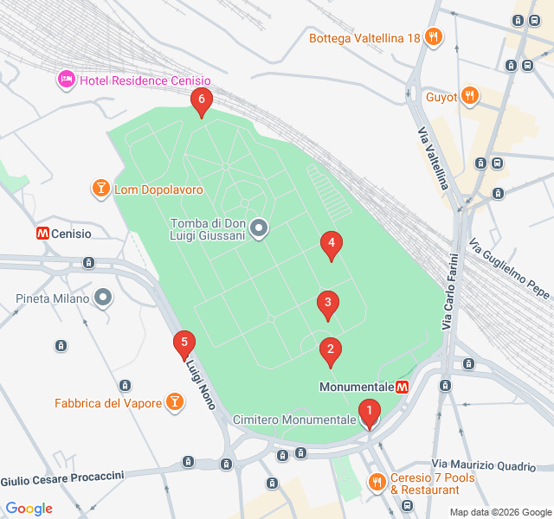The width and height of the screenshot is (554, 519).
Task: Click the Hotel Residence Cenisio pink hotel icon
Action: click(67, 80)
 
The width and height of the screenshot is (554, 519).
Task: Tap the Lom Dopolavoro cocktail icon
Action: click(100, 189)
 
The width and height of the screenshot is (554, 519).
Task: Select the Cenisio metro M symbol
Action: click(42, 234)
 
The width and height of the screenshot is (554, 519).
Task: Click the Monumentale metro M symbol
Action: click(402, 387)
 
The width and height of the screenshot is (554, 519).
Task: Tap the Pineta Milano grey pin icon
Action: click(104, 299)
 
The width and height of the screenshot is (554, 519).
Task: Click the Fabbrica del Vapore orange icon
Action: click(175, 402)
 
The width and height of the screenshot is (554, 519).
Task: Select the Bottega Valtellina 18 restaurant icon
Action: click(434, 37)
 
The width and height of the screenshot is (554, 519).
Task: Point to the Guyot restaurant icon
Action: click(469, 96)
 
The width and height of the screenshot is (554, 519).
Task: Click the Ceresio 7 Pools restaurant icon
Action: click(377, 481)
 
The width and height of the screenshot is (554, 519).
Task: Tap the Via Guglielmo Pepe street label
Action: click(509, 268)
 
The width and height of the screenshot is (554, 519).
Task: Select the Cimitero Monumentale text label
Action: click(294, 420)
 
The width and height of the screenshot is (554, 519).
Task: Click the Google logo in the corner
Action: click(29, 509)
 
